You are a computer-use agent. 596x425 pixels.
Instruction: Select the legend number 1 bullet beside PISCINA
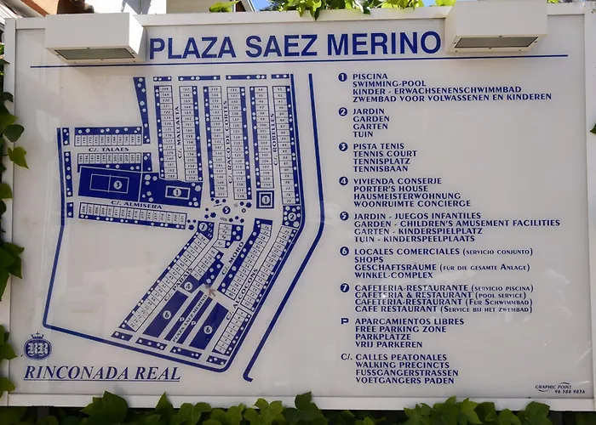(x=342, y=76)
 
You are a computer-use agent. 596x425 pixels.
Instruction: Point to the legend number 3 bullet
(x=343, y=146)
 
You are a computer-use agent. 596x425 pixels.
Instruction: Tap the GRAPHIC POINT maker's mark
(x=553, y=388)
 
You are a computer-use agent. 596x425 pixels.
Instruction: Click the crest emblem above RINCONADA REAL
(x=38, y=347)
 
